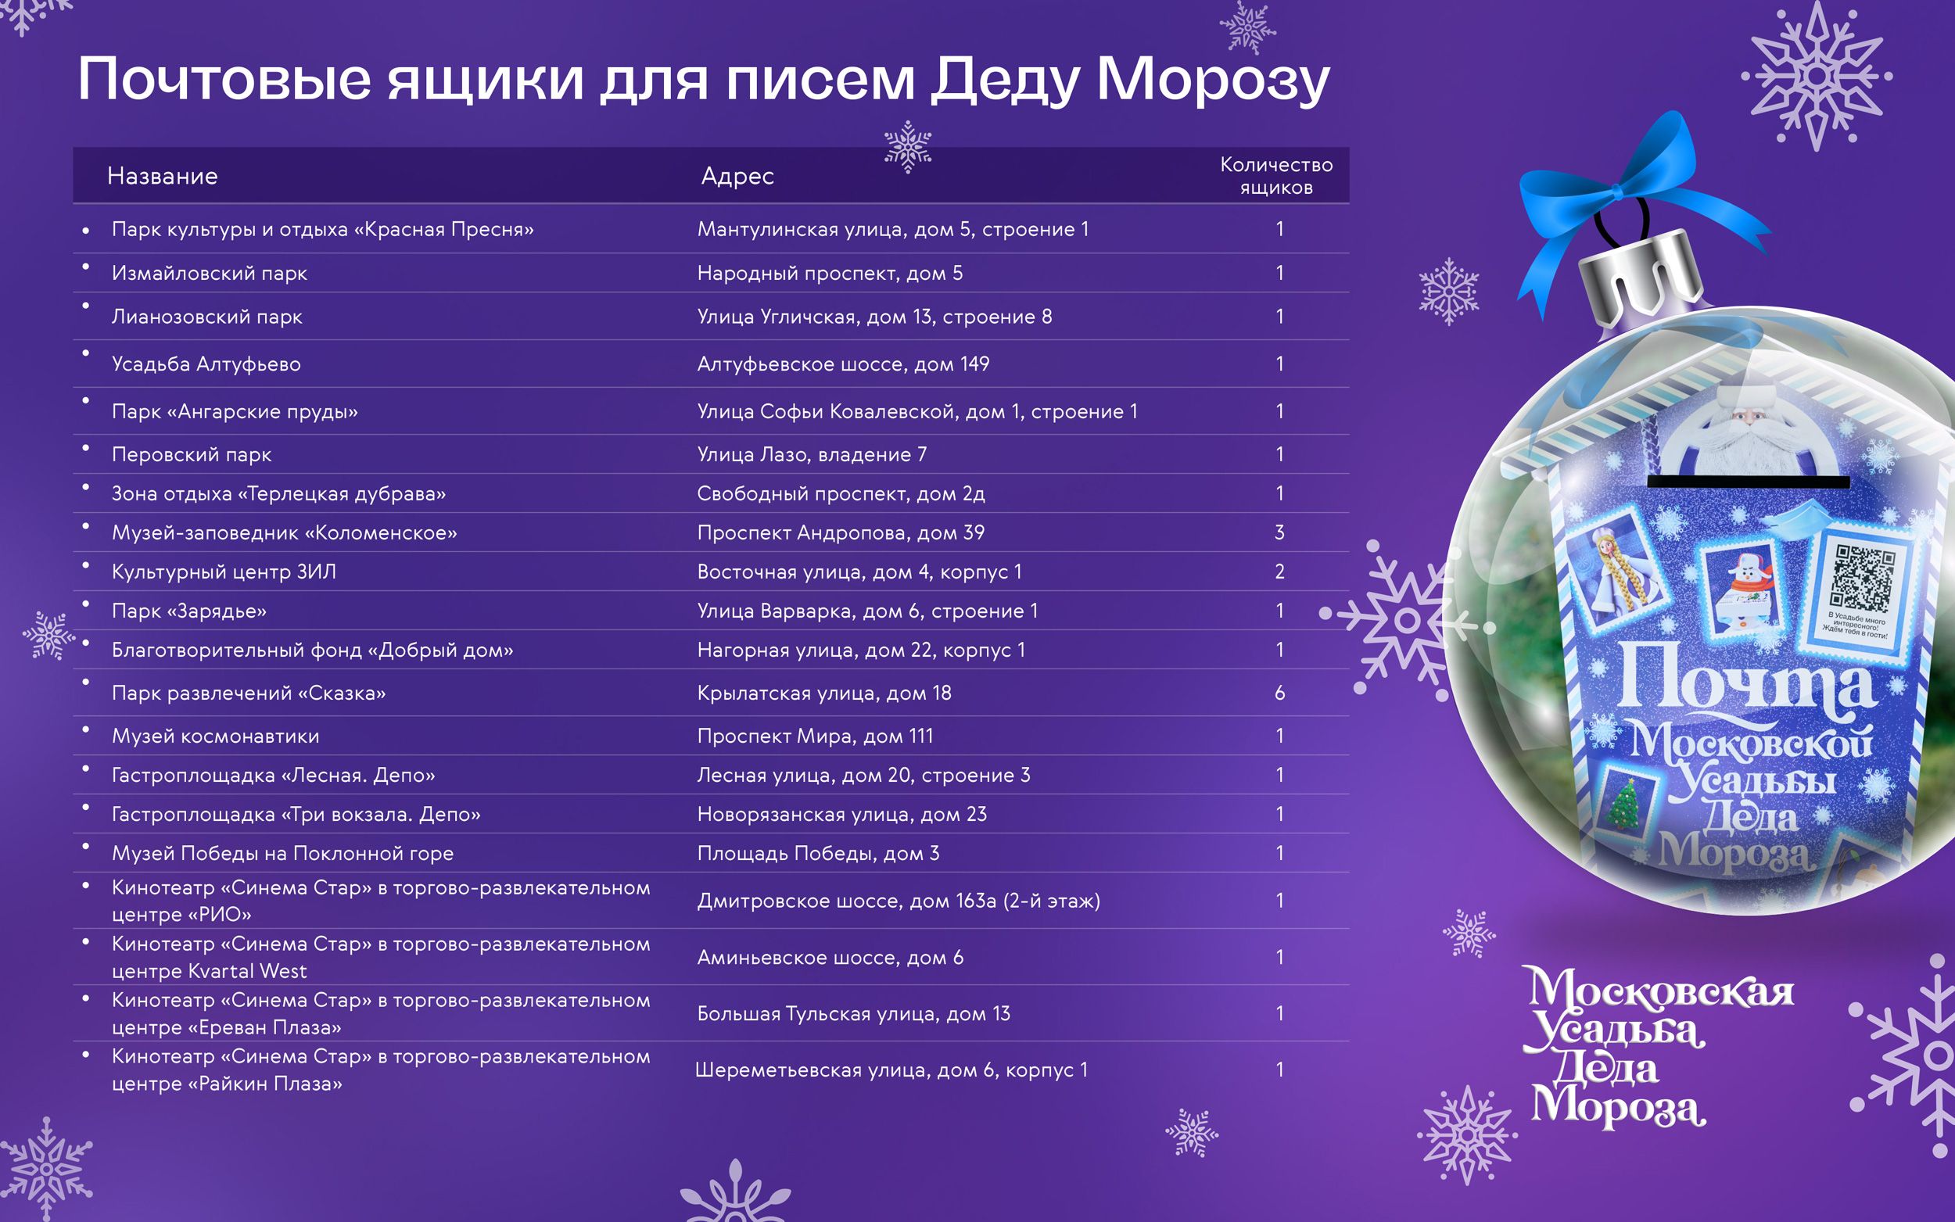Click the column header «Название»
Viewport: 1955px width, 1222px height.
point(163,176)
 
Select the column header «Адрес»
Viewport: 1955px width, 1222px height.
point(737,176)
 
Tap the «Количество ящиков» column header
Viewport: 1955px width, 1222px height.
point(1276,176)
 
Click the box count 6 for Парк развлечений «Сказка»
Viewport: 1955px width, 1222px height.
point(1279,693)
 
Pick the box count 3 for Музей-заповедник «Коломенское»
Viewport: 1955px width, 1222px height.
point(1279,532)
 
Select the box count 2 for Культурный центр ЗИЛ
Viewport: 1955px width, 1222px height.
point(1279,572)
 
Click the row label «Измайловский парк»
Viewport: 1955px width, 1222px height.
point(210,273)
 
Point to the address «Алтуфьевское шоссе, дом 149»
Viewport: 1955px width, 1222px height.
point(843,364)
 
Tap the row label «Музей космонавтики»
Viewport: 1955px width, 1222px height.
point(215,736)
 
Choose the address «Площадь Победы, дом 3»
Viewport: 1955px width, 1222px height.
point(818,854)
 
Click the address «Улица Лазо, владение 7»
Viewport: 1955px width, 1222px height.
point(812,455)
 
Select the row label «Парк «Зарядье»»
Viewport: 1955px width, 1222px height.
point(189,611)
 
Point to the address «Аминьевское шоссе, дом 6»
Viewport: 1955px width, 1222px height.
point(830,958)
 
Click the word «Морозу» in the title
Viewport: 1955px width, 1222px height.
point(1212,81)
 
